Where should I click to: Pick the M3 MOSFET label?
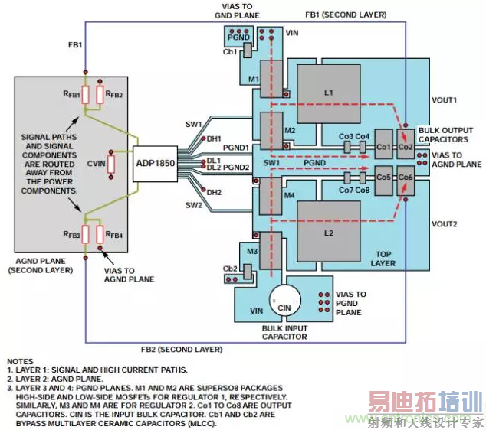coord(252,252)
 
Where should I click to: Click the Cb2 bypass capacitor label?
coord(229,269)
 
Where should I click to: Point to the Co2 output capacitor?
coord(405,146)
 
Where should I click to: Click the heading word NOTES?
coord(21,360)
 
